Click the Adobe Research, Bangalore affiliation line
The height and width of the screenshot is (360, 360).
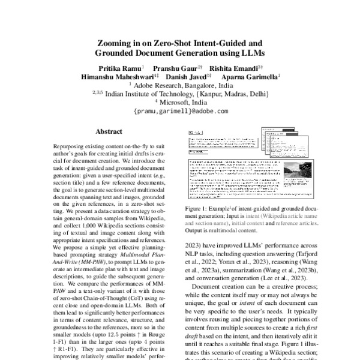pos(180,86)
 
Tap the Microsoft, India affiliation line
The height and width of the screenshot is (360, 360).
pos(180,102)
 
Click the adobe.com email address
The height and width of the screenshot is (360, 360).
pos(179,112)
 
